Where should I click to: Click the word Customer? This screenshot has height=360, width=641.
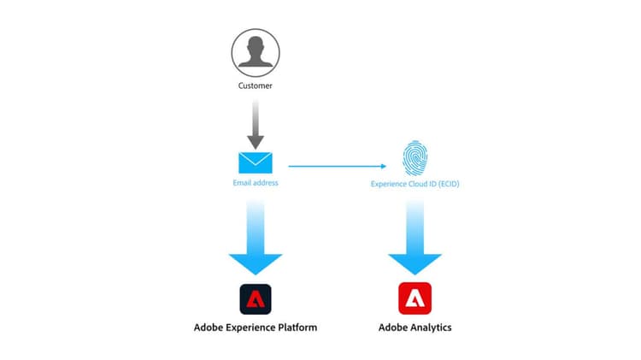tap(256, 86)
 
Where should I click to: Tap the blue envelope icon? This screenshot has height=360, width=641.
tap(256, 162)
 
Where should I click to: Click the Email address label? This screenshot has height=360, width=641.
tap(256, 182)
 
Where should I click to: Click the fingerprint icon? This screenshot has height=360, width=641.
tap(415, 159)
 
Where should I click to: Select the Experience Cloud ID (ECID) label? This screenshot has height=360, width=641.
tap(415, 183)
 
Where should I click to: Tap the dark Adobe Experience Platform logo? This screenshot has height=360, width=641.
tap(256, 299)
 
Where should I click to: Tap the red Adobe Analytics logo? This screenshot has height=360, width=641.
tap(415, 299)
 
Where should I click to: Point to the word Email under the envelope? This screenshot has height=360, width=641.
tap(242, 182)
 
